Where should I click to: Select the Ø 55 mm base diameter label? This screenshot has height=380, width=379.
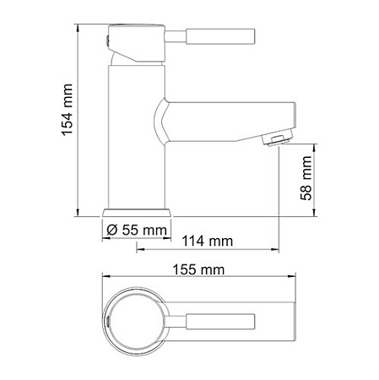(136, 228)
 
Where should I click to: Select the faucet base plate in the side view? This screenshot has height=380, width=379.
(137, 211)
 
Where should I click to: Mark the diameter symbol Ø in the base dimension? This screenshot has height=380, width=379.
(112, 228)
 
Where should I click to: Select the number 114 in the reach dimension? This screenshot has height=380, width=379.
(194, 242)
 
